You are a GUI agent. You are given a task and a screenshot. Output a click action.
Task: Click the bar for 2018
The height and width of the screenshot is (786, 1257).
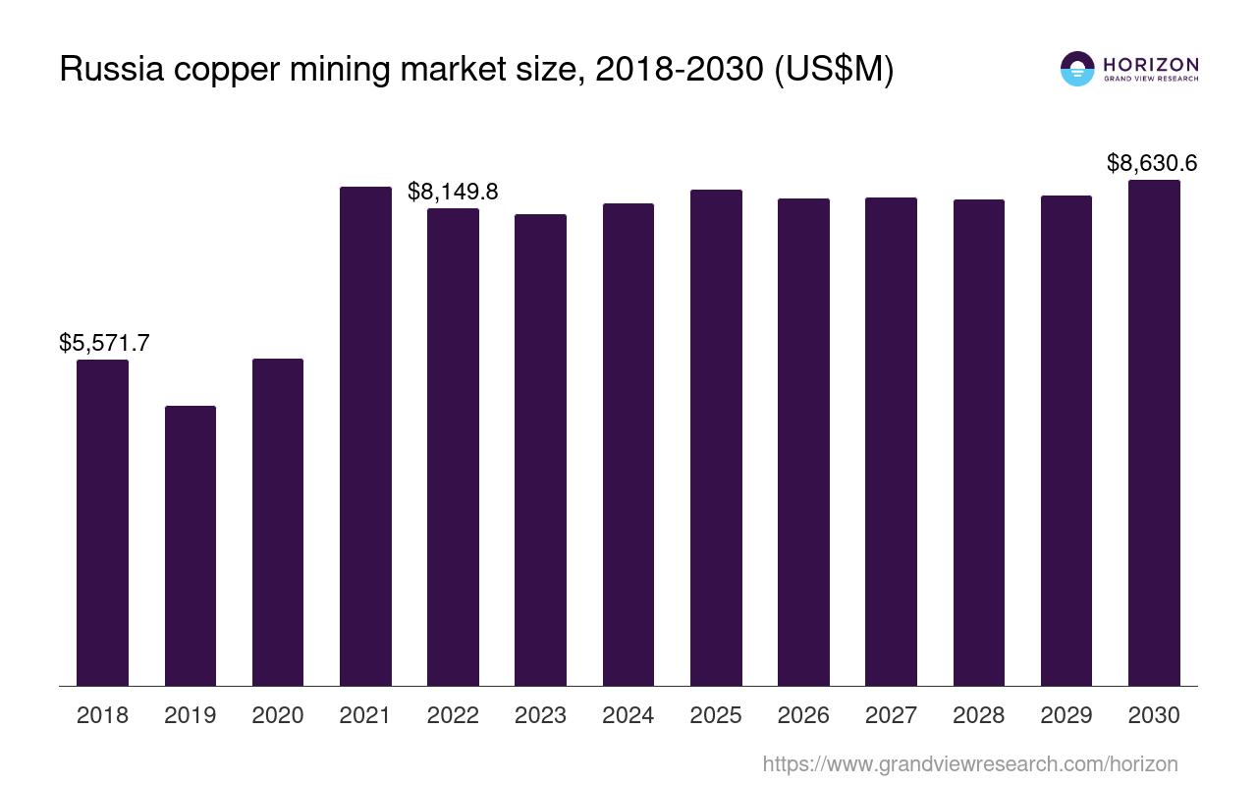[x=102, y=523]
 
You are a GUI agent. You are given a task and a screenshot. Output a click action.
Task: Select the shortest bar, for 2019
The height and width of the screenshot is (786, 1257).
[x=191, y=545]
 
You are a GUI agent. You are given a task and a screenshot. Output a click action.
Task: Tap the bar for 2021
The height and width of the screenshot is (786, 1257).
[x=365, y=436]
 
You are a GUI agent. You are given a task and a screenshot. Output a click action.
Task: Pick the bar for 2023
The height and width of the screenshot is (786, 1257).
[x=540, y=450]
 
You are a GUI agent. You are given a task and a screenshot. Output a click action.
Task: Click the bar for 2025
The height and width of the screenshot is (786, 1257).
[x=716, y=437]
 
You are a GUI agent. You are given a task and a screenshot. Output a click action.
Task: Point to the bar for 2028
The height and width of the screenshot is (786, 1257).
[x=979, y=442]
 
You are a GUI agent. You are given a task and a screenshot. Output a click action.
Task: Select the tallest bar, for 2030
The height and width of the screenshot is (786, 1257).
[x=1154, y=432]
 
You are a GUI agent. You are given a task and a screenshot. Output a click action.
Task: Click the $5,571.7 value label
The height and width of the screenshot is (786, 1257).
[x=104, y=343]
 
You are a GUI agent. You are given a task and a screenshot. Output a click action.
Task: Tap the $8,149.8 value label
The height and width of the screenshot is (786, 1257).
[x=453, y=192]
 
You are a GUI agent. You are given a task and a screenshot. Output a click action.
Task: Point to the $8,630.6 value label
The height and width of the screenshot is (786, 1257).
[x=1152, y=163]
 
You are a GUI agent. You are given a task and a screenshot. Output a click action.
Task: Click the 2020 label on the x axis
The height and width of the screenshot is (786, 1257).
[x=278, y=715]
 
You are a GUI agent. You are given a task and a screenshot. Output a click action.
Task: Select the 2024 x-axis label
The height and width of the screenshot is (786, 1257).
[x=628, y=715]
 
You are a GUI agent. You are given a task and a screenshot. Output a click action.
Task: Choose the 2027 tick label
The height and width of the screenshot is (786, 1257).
[x=891, y=715]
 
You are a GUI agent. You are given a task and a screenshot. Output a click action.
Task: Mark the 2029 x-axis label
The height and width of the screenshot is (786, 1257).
[x=1066, y=715]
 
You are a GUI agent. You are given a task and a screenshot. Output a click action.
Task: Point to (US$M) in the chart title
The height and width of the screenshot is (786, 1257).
[x=834, y=70]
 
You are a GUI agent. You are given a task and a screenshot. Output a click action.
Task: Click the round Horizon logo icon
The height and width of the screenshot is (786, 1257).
[x=1077, y=69]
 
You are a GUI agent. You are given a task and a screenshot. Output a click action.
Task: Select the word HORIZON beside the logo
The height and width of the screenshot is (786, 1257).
[x=1151, y=65]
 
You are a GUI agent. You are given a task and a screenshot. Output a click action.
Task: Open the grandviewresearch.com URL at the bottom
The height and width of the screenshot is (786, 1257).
[x=970, y=763]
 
